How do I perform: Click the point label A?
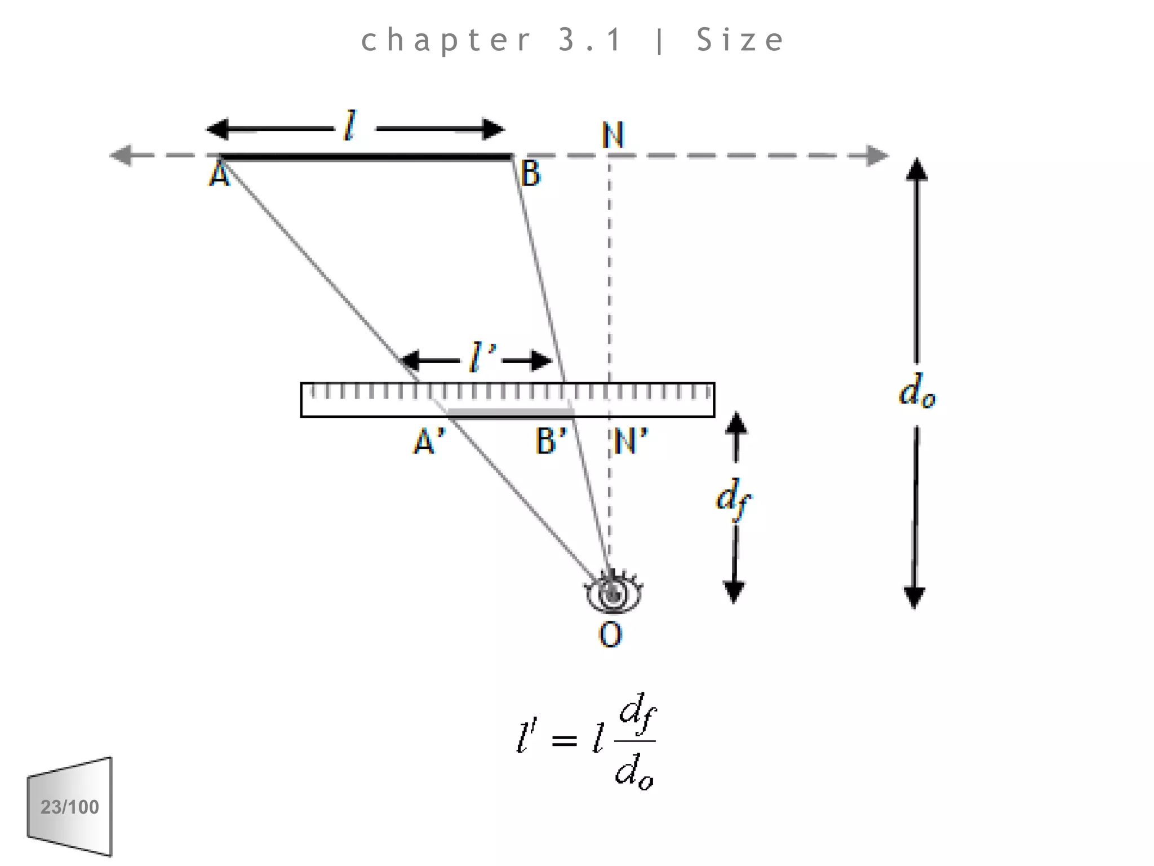point(219,175)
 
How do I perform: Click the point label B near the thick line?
point(530,173)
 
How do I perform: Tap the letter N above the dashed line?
point(612,135)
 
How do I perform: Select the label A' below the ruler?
point(429,441)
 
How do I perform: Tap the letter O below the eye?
point(610,635)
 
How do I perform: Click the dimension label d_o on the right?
point(917,391)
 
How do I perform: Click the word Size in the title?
point(740,40)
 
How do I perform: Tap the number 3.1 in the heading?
point(590,40)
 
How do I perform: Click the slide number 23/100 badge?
point(70,807)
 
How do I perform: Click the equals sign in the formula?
point(564,740)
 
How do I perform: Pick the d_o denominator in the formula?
point(634,771)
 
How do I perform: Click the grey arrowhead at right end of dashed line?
point(877,156)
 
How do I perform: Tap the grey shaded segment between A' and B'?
point(510,413)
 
